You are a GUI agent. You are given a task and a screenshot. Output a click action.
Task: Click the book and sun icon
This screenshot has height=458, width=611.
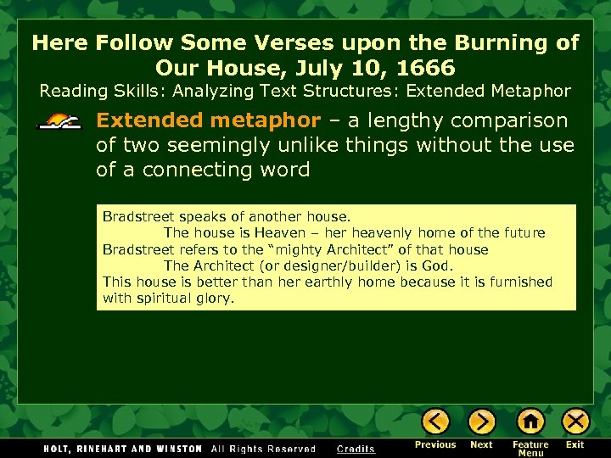(x=59, y=121)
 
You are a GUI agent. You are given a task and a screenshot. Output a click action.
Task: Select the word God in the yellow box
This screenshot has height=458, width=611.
(x=439, y=265)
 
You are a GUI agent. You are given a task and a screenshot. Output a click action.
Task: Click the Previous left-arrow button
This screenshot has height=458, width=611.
(x=435, y=422)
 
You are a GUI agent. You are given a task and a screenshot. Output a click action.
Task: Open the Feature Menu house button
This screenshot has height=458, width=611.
(x=530, y=422)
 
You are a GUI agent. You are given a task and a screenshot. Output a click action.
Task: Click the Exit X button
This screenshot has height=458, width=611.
(x=575, y=422)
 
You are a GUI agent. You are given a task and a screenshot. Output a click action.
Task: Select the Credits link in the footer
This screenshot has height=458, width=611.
(x=356, y=450)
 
